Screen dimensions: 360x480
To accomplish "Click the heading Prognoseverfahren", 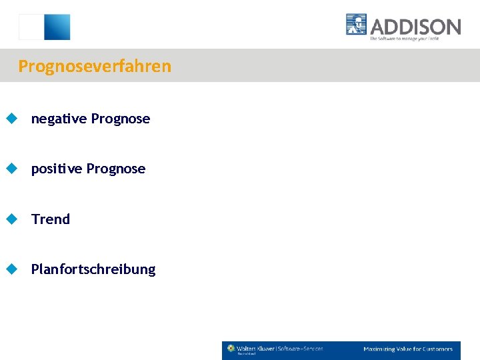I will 95,67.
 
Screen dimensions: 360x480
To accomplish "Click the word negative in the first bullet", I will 59,119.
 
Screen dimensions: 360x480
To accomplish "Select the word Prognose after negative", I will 121,119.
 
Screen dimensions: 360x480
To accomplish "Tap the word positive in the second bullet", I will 57,169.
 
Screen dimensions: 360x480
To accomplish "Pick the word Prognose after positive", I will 116,169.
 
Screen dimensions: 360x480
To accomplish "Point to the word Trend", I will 51,219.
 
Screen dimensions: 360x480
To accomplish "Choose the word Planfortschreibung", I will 93,269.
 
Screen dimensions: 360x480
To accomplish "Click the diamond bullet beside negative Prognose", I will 11,119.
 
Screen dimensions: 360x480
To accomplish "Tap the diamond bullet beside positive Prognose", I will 11,169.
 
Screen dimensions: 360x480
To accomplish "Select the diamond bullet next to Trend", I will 11,219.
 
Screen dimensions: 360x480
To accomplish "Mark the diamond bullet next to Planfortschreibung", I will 11,269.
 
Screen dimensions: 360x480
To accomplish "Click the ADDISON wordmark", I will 415,27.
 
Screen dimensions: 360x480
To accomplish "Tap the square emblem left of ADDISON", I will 357,25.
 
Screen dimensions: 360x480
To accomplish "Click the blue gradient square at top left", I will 57,27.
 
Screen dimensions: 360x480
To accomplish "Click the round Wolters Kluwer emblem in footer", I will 231,348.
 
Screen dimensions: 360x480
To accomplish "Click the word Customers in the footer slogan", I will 437,349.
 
